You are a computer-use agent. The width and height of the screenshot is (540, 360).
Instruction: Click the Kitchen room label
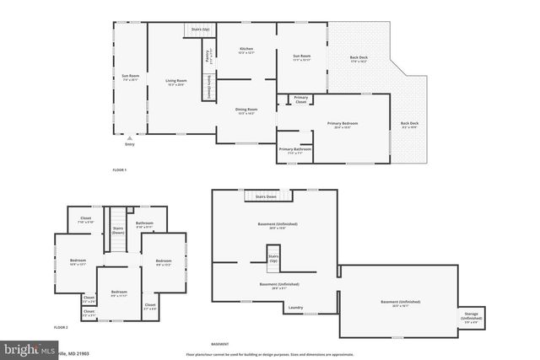click(246, 51)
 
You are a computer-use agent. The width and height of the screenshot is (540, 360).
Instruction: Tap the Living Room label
click(175, 82)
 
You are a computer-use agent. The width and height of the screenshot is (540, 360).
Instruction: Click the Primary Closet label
click(301, 99)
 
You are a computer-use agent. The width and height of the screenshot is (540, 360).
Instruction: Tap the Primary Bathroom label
click(295, 150)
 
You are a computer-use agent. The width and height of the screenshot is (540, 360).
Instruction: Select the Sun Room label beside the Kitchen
click(301, 58)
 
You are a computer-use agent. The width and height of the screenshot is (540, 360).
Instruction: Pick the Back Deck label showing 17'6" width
click(359, 60)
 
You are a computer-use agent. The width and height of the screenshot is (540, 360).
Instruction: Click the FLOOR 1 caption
click(119, 171)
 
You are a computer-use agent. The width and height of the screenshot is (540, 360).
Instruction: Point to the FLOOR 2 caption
click(61, 326)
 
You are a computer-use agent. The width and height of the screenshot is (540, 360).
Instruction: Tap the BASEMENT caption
click(219, 345)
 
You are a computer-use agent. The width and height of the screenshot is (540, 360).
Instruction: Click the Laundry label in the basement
click(295, 308)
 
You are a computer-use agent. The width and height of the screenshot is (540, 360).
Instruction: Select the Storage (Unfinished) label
click(471, 317)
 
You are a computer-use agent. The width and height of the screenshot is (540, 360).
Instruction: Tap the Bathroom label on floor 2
click(144, 225)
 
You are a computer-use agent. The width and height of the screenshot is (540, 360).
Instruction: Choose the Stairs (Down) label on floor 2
click(118, 229)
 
